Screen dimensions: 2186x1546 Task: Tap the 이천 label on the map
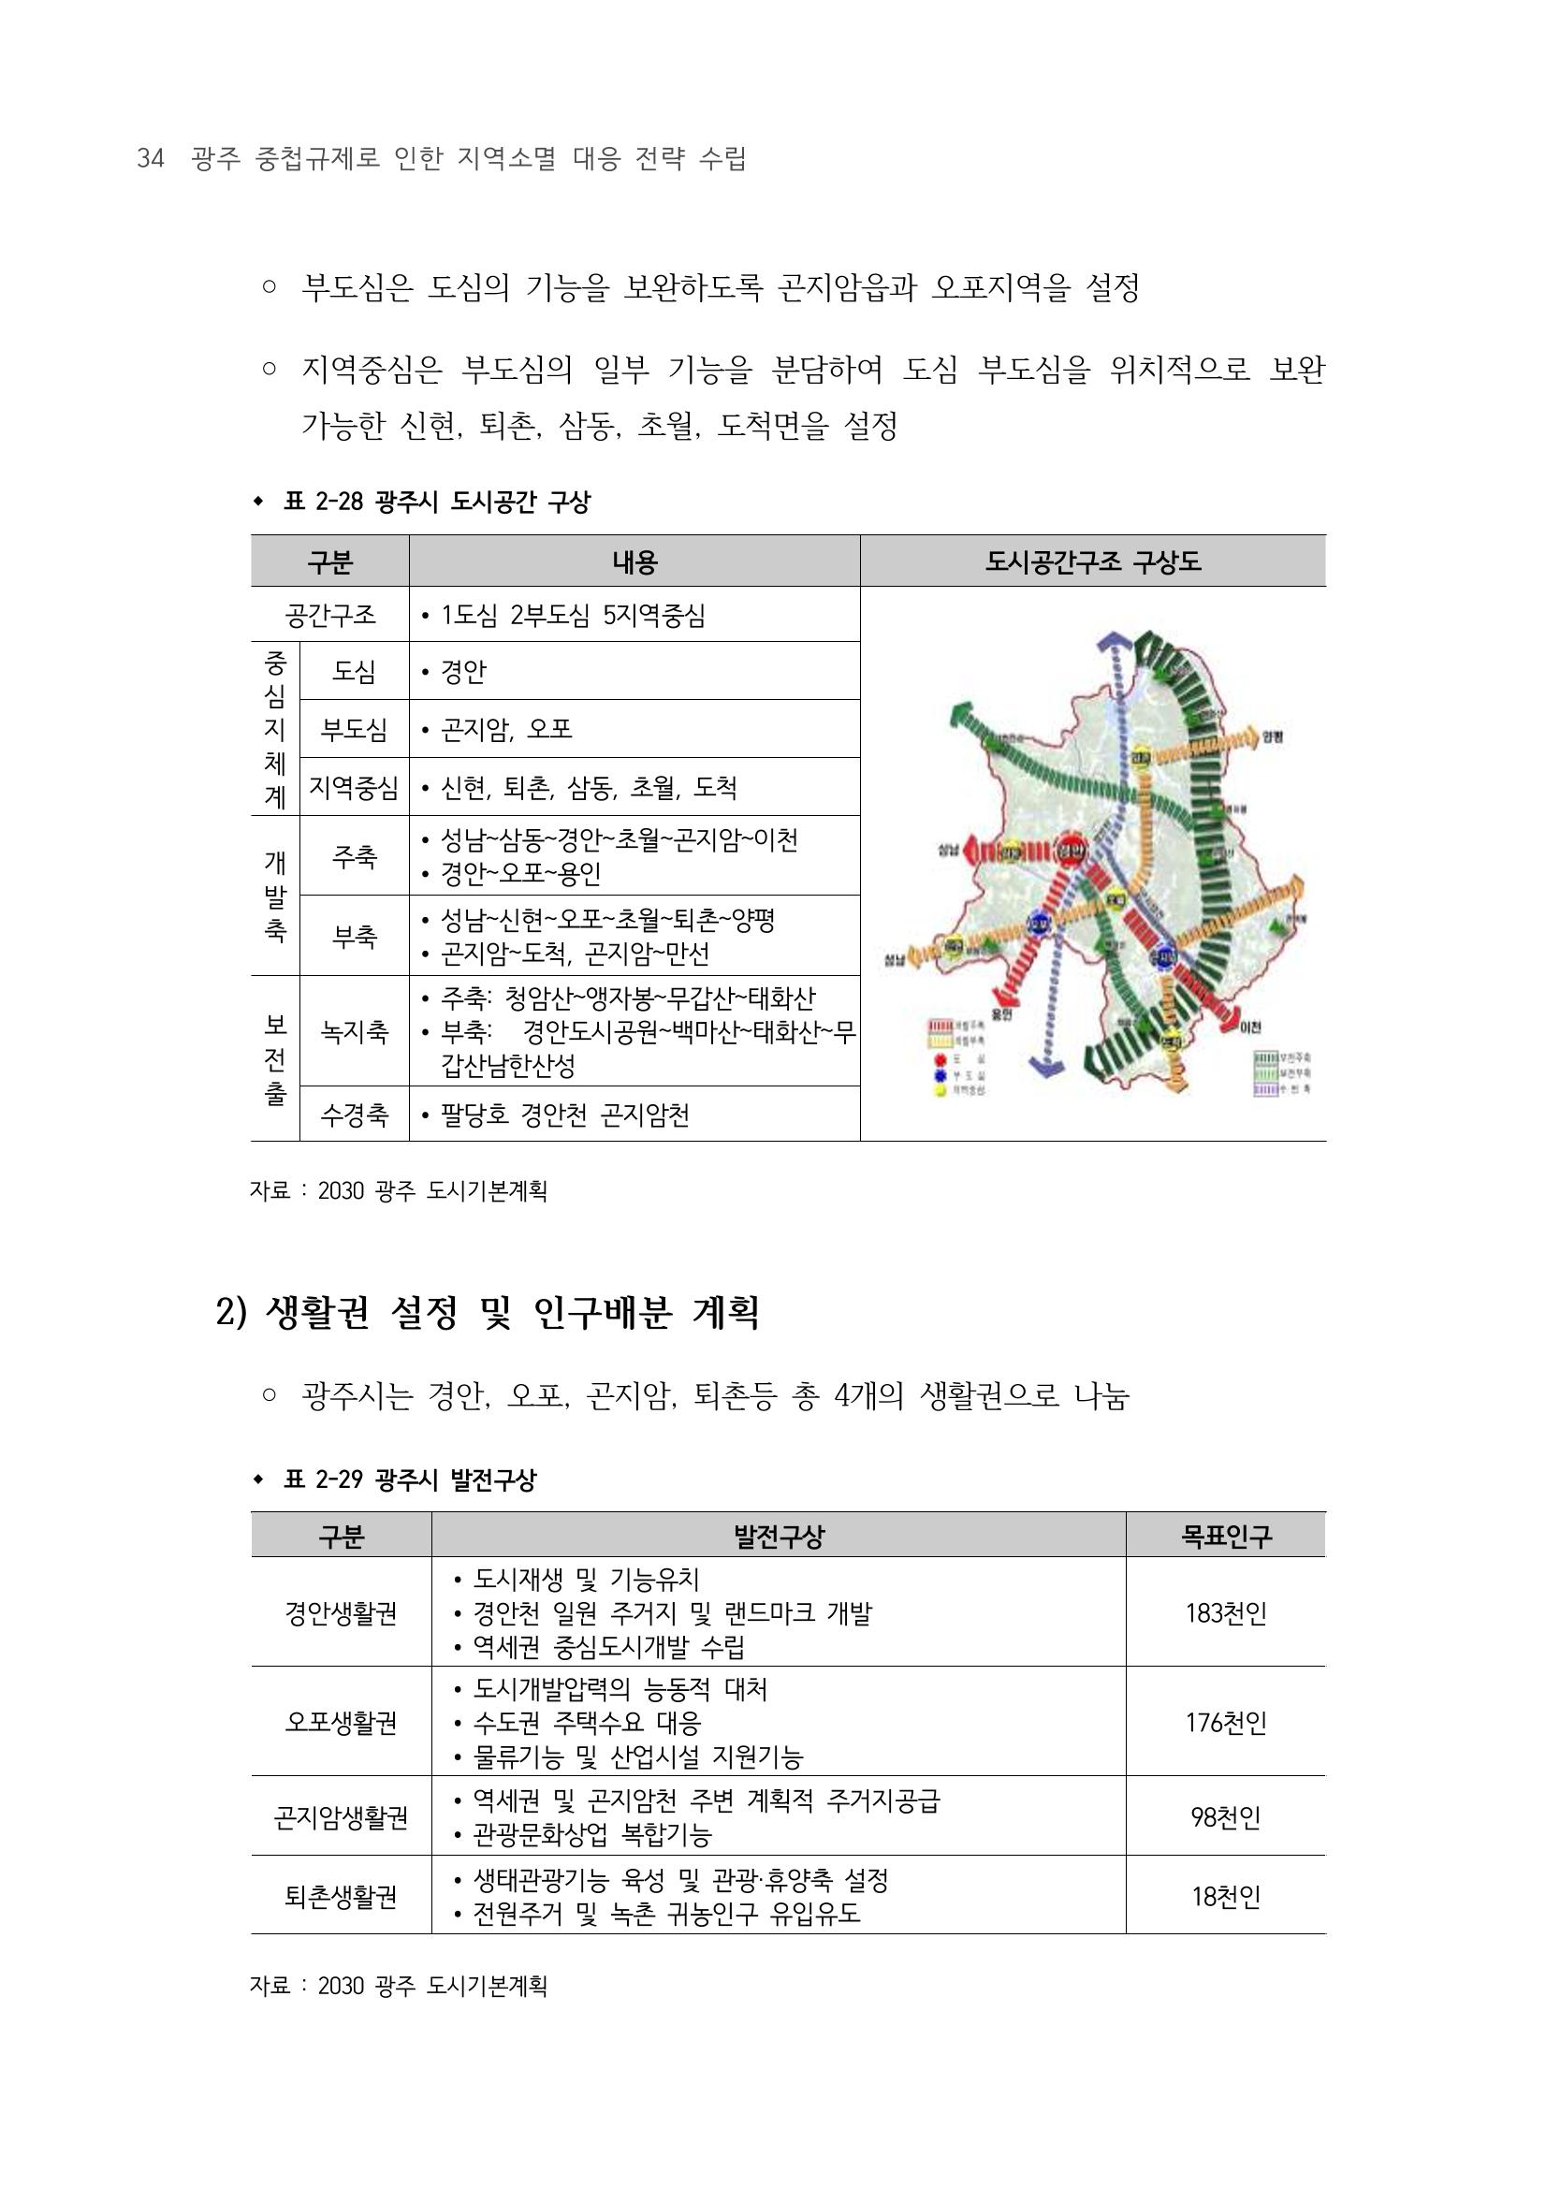[1251, 1027]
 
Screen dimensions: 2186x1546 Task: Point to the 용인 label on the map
[999, 1016]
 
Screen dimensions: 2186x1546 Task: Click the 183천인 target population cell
[1225, 1614]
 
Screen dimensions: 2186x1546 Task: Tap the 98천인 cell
[1225, 1817]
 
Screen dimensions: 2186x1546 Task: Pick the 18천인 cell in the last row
[1225, 1898]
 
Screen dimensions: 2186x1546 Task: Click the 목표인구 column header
[1225, 1536]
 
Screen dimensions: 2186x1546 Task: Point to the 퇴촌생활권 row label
[341, 1898]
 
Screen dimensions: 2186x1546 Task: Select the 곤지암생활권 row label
[341, 1817]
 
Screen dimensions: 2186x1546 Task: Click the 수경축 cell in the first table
[354, 1115]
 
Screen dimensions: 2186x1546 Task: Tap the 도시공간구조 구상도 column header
[1092, 561]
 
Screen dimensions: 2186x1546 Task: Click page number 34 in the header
[151, 159]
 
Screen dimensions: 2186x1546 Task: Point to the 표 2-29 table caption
[409, 1479]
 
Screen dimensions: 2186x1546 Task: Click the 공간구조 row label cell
[330, 615]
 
